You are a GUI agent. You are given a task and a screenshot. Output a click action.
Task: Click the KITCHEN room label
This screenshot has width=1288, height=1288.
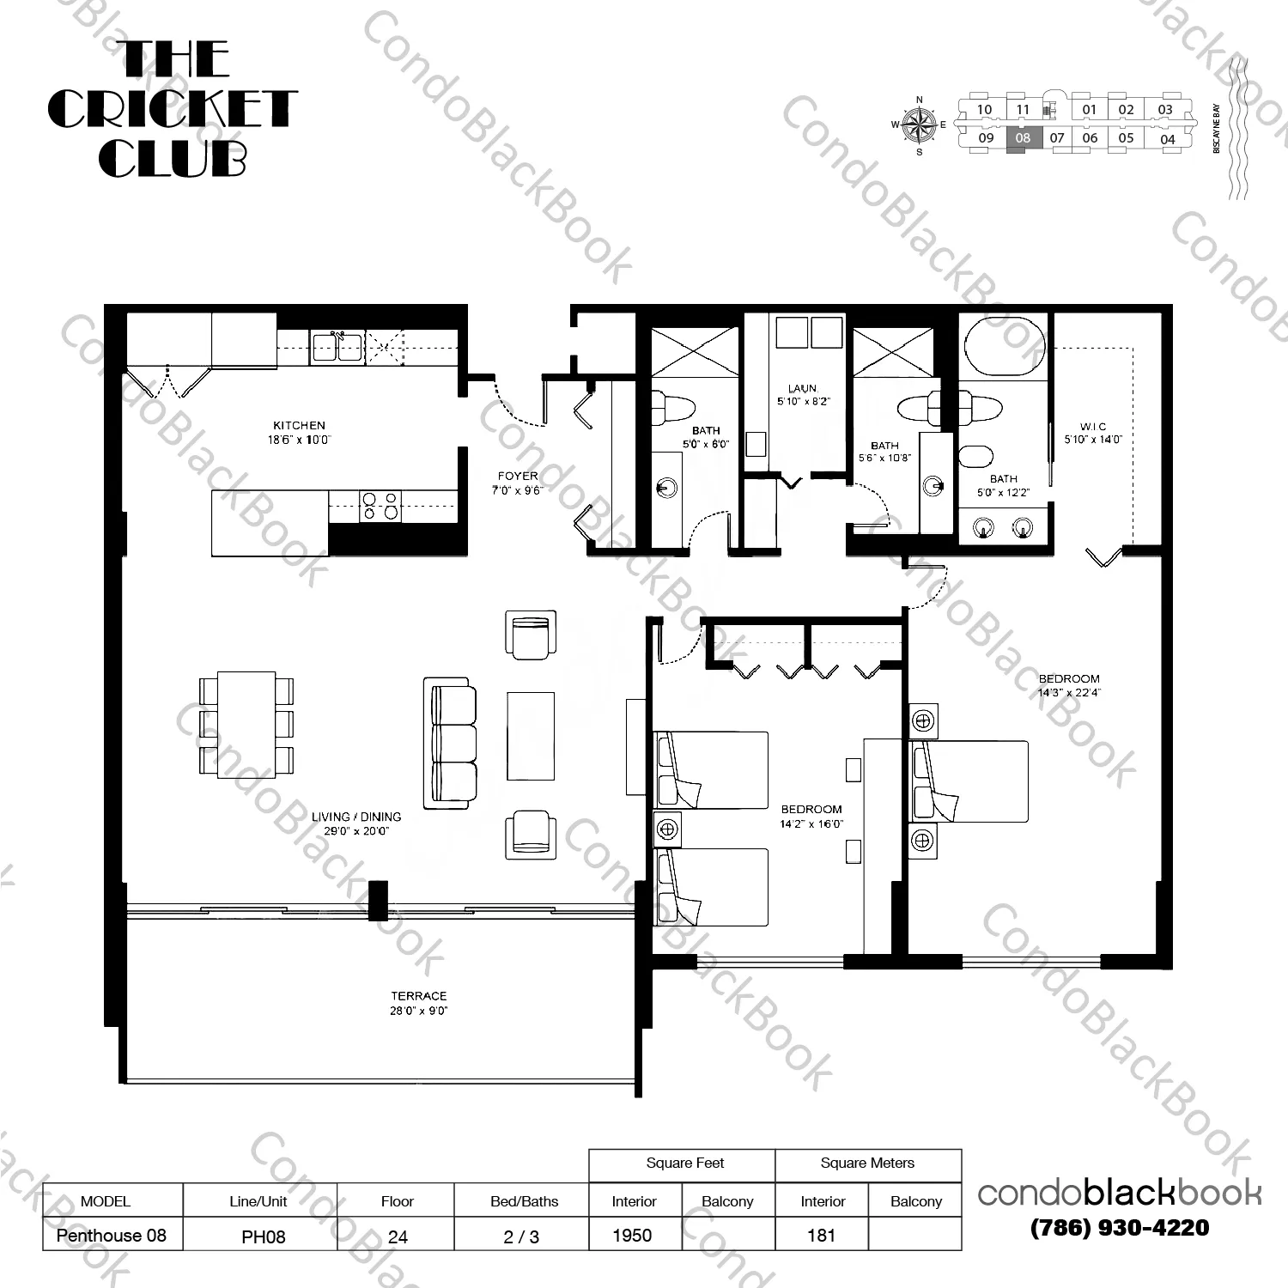299,426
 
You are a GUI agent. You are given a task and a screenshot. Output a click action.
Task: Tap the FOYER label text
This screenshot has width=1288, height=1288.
518,476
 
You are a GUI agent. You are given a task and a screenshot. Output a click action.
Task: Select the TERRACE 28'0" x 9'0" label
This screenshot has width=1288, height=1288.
419,1003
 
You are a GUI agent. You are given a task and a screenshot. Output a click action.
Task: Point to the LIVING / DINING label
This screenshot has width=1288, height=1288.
356,817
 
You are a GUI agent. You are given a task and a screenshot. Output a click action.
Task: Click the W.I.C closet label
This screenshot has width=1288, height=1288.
1093,427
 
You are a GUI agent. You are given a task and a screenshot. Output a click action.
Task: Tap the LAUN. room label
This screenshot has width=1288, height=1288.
803,389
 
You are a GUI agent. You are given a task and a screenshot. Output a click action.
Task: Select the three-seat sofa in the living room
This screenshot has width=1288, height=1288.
450,743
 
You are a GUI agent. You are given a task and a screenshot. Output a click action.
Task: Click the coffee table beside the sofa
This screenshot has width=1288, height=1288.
530,735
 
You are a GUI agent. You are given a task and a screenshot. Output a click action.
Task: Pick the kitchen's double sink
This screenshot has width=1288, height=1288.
336,347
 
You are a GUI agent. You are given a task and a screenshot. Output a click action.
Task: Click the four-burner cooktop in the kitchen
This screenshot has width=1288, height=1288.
380,506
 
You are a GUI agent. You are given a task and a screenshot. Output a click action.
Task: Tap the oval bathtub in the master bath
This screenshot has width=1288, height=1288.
1005,347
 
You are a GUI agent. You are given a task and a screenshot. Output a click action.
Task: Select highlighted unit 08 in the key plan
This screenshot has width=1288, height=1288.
1023,139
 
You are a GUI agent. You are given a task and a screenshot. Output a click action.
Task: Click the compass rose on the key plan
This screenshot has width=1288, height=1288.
920,125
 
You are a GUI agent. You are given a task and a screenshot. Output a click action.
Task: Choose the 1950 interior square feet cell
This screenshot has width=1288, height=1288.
633,1235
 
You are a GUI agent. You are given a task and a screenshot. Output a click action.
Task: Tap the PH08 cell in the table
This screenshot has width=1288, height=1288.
263,1236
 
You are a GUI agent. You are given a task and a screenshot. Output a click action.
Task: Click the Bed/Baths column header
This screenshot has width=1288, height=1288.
524,1201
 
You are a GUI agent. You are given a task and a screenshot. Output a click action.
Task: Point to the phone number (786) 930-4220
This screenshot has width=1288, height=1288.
1120,1228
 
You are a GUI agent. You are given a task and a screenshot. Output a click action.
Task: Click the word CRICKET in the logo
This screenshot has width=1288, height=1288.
172,109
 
